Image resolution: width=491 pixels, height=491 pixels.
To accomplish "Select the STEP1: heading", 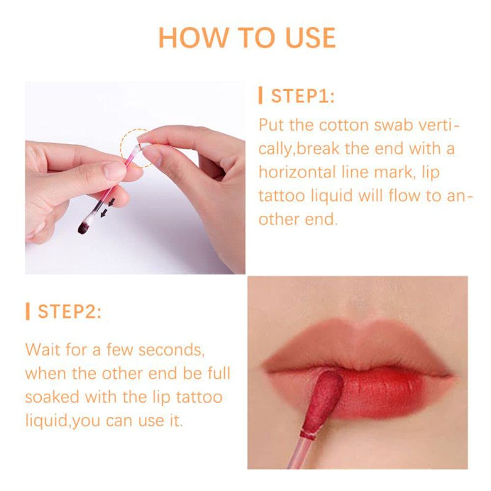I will point(302,96).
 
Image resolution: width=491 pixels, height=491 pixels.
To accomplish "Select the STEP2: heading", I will point(69,311).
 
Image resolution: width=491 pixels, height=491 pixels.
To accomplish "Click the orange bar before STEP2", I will point(28,311).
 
